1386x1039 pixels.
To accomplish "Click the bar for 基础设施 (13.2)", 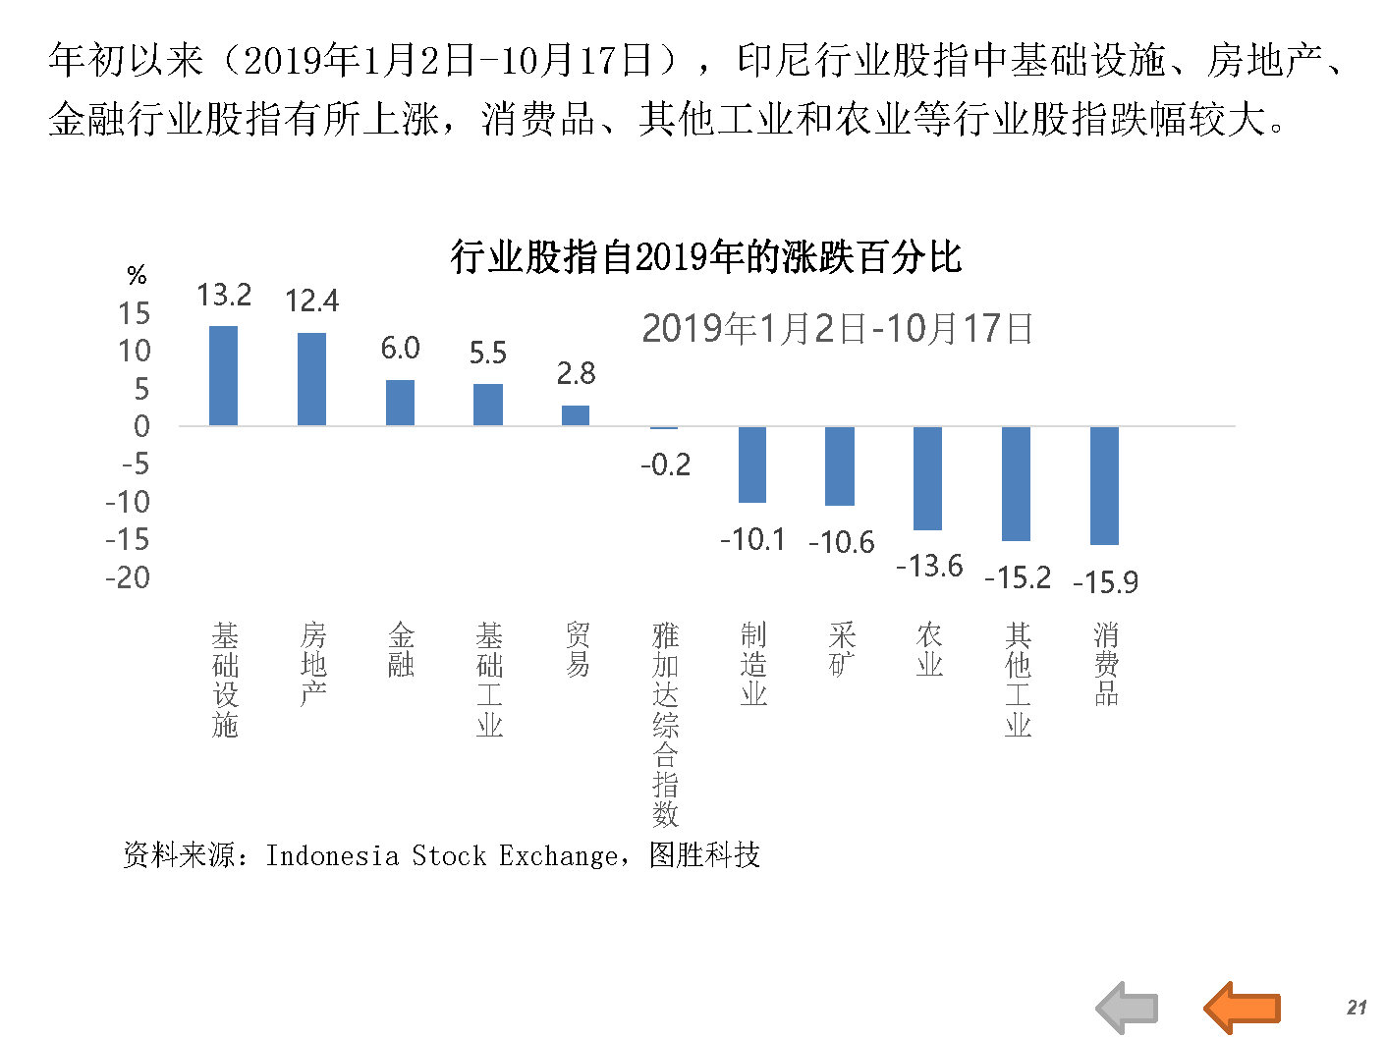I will point(223,376).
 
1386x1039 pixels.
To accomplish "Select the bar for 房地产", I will point(311,379).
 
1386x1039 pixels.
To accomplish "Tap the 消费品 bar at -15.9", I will point(1104,485).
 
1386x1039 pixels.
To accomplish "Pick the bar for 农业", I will point(927,478).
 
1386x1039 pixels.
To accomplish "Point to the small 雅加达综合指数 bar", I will point(664,428).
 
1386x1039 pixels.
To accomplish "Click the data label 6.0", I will point(400,348).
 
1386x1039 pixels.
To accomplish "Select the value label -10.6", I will point(841,542).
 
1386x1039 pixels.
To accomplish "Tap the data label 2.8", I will point(576,373).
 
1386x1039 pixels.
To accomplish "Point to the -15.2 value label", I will point(1017,577).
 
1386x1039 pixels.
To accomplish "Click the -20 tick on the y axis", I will point(128,577).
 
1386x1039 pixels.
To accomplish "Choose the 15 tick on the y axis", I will point(135,313).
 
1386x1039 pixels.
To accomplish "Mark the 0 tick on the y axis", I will point(141,426).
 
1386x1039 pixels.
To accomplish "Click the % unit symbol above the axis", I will point(137,275).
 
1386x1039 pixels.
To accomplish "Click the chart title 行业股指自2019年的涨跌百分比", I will point(705,257).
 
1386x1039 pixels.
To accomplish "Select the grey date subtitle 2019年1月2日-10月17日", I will point(837,328).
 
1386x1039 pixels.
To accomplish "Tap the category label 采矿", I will point(841,649).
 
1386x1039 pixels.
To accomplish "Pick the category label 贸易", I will point(577,649).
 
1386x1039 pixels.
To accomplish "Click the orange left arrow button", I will point(1242,1007).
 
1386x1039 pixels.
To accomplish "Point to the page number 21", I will point(1357,1007).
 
